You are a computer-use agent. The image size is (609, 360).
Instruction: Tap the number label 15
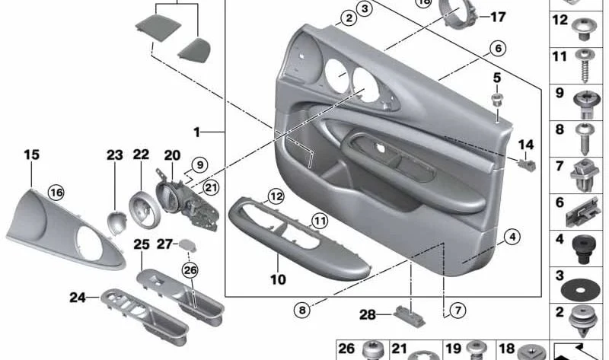[x=31, y=155]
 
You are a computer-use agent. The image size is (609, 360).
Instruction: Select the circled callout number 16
[x=56, y=193]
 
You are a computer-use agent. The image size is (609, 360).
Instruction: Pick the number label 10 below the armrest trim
[x=278, y=279]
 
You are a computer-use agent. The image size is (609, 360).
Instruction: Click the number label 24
[x=78, y=298]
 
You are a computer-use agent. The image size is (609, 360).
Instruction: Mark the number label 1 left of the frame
[x=196, y=132]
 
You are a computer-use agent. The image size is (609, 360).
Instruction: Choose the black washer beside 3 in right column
[x=585, y=288]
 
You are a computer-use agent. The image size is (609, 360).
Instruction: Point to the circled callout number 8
[x=303, y=310]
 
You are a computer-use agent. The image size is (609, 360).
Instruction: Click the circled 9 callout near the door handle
[x=198, y=164]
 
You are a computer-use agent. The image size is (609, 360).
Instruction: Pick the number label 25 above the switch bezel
[x=142, y=244]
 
